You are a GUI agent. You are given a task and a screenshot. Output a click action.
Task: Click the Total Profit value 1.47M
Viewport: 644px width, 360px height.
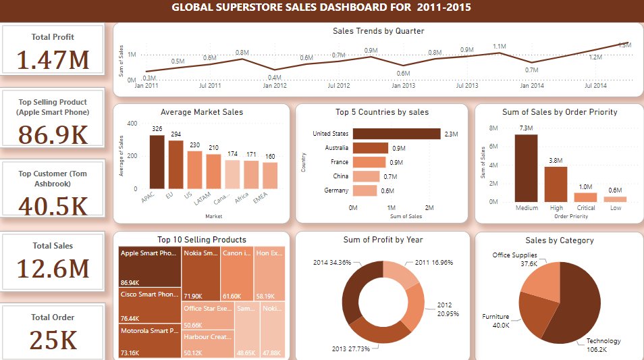click(x=53, y=60)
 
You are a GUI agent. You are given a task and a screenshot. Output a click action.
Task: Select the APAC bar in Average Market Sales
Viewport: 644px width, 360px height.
click(x=157, y=162)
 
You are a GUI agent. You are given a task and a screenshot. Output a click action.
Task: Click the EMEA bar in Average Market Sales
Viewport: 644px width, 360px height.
click(x=270, y=176)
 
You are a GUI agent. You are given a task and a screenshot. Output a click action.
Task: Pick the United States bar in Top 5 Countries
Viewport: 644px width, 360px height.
click(x=396, y=134)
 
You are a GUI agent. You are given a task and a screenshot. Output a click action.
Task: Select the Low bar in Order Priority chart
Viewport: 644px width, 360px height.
click(x=615, y=199)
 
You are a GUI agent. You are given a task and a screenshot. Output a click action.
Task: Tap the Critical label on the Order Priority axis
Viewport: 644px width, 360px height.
click(x=585, y=208)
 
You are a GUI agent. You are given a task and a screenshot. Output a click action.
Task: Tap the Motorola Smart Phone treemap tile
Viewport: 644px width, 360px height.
click(x=147, y=341)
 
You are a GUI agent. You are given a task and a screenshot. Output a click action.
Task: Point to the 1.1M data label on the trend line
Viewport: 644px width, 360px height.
click(x=500, y=46)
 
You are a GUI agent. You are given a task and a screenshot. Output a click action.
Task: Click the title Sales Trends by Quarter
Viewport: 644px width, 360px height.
click(x=379, y=31)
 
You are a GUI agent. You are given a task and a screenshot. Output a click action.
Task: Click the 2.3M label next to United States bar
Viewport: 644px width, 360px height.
click(x=452, y=134)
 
